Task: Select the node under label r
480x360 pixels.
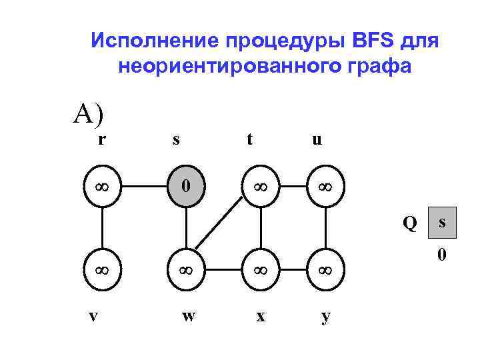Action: coord(102,183)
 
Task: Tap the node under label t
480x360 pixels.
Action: coord(260,183)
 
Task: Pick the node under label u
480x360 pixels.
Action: coord(325,183)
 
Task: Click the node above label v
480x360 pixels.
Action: coord(102,271)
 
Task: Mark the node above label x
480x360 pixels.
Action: coord(260,271)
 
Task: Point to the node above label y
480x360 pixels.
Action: coord(325,271)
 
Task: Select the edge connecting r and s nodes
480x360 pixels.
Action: coord(145,183)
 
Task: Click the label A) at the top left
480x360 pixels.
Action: coord(89,114)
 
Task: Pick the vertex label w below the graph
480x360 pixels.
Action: coord(189,315)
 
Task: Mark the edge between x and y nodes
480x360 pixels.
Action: coord(292,271)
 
